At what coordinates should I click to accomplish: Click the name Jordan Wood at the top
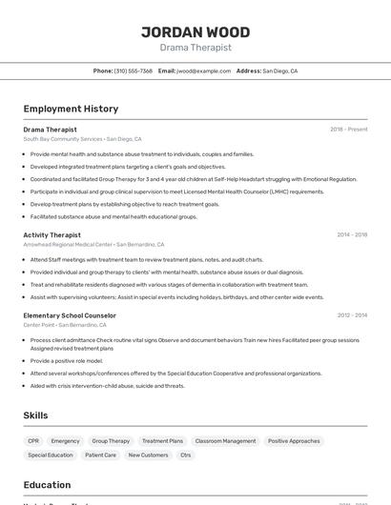(x=195, y=30)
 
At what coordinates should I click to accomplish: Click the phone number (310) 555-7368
(x=134, y=71)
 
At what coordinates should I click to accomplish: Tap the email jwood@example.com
(x=203, y=71)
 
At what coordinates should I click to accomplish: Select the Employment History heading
(x=71, y=109)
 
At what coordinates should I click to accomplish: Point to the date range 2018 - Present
(x=348, y=130)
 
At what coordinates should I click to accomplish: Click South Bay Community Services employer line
(x=82, y=139)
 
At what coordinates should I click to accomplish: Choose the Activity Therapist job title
(x=51, y=234)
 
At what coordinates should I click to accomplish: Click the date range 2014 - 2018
(x=352, y=234)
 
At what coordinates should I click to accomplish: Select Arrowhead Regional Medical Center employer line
(x=93, y=244)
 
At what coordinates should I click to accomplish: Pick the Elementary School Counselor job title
(x=70, y=315)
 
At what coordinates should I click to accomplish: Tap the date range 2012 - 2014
(x=352, y=315)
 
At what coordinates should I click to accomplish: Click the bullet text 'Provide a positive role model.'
(x=66, y=361)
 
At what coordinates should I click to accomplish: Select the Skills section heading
(x=35, y=415)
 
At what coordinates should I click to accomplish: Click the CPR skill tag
(x=33, y=441)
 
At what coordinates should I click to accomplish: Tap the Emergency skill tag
(x=66, y=441)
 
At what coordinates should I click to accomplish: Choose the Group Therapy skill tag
(x=111, y=441)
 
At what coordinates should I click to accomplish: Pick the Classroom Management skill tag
(x=225, y=441)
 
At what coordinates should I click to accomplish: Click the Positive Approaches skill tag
(x=294, y=441)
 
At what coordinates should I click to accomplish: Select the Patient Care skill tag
(x=100, y=455)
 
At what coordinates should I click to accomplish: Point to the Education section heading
(x=47, y=484)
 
